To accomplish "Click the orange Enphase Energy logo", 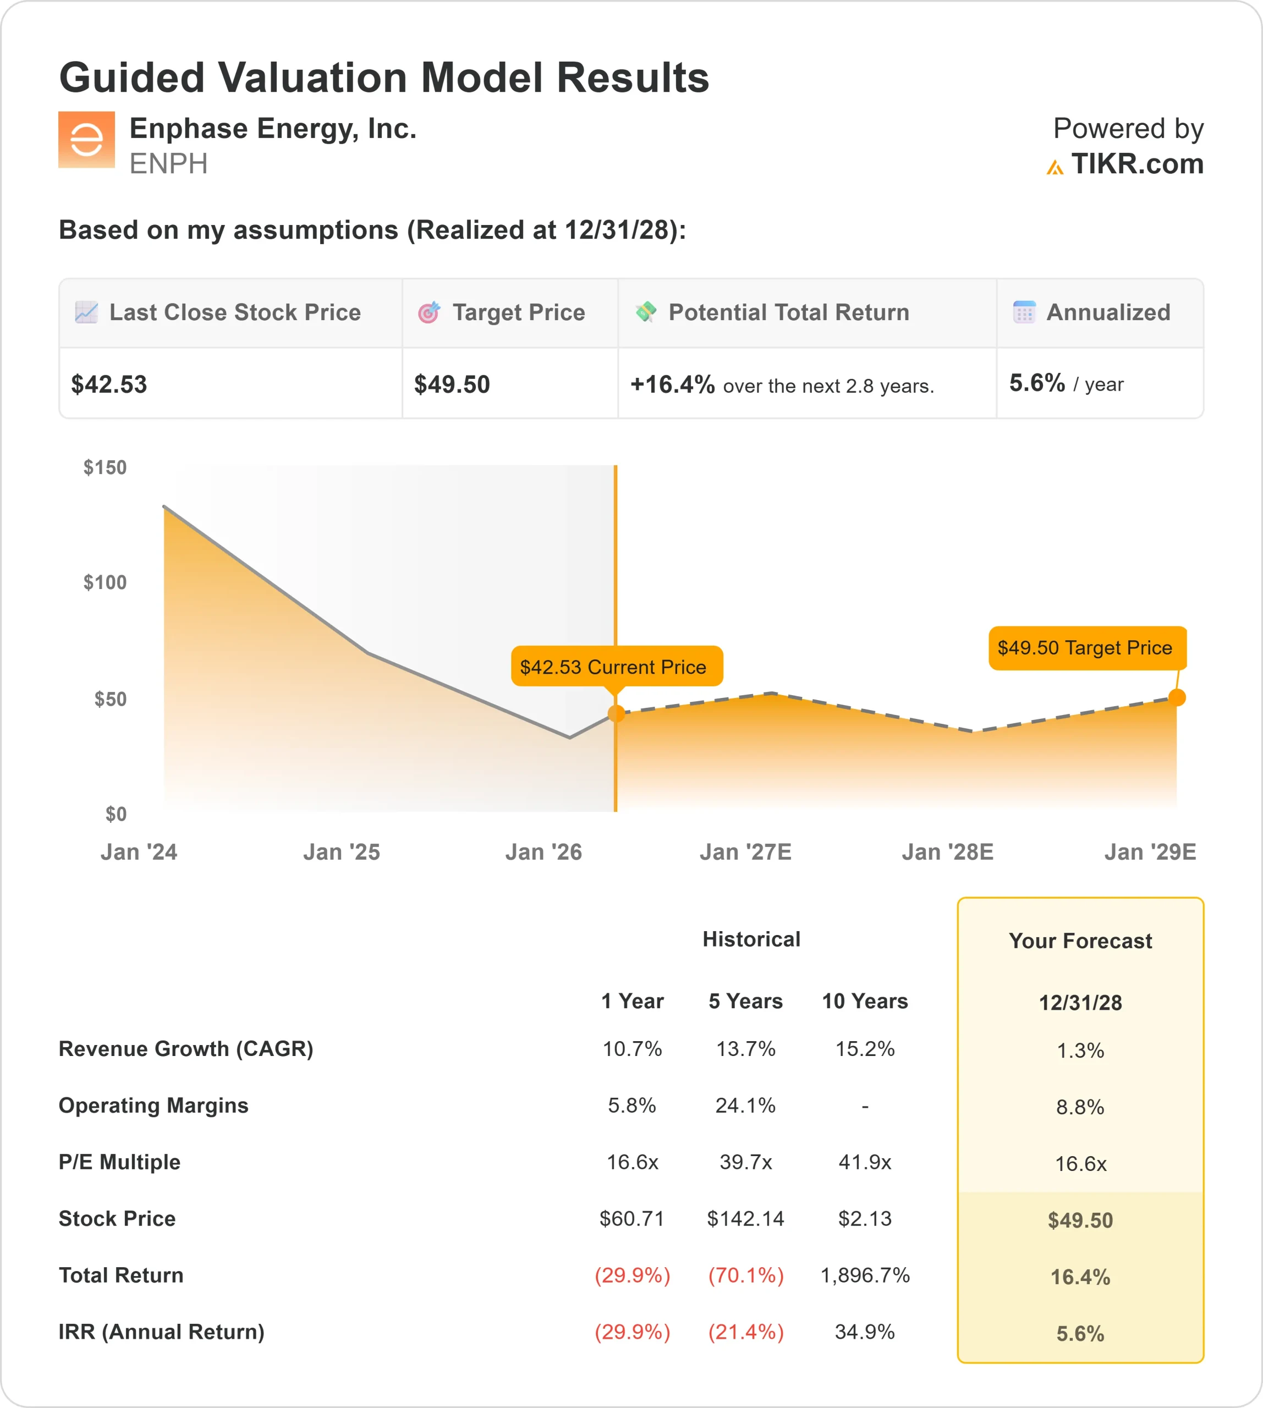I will pyautogui.click(x=86, y=140).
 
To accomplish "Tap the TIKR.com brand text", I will pyautogui.click(x=1136, y=164).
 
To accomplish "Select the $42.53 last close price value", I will pyautogui.click(x=109, y=384).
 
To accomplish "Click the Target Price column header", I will pyautogui.click(x=518, y=312).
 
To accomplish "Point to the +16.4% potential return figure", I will pyautogui.click(x=672, y=384).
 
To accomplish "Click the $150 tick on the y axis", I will pyautogui.click(x=105, y=468).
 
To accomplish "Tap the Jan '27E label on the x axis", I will pyautogui.click(x=745, y=852).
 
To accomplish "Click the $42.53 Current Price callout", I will pyautogui.click(x=616, y=667).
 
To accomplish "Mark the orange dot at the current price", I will pyautogui.click(x=616, y=713).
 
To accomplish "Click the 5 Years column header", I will pyautogui.click(x=745, y=1002).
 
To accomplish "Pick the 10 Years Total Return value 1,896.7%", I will pyautogui.click(x=865, y=1275).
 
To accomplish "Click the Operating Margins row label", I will pyautogui.click(x=153, y=1105).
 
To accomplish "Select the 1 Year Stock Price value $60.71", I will pyautogui.click(x=631, y=1219).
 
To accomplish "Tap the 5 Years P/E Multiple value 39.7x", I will pyautogui.click(x=745, y=1162).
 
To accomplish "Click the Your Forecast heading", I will pyautogui.click(x=1080, y=941).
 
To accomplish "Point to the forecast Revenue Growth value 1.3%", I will pyautogui.click(x=1080, y=1050).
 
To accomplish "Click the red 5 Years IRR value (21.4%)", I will pyautogui.click(x=745, y=1332).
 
